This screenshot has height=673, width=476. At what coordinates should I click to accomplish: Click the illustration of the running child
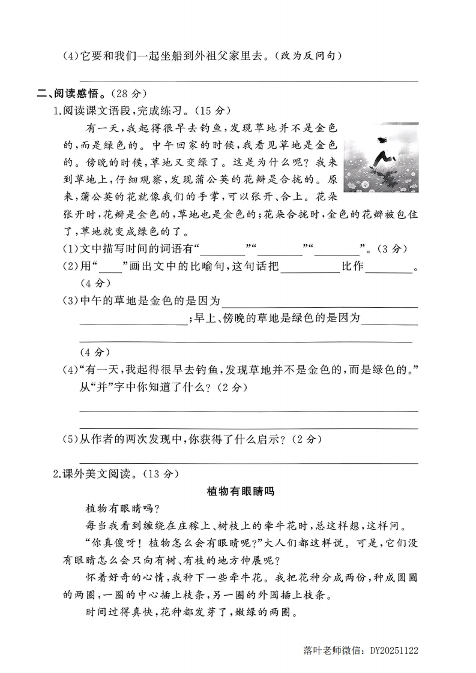pos(381,158)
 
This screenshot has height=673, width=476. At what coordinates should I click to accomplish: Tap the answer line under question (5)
pos(249,462)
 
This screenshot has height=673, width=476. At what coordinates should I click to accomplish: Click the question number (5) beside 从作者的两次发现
pos(71,440)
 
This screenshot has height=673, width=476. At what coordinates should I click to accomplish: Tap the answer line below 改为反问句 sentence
pos(249,81)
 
